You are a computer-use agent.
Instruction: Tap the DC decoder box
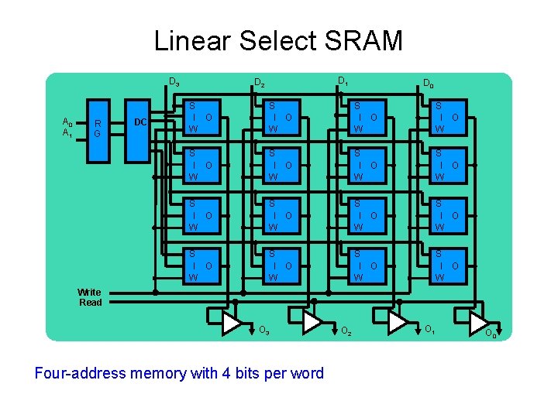coord(140,122)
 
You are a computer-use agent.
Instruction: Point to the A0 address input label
coord(67,123)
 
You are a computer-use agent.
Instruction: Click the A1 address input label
coord(67,133)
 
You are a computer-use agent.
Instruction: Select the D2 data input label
coord(260,84)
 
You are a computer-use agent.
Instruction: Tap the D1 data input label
coord(342,81)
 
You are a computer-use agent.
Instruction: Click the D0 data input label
coord(428,84)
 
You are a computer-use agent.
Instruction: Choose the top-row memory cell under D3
coord(201,117)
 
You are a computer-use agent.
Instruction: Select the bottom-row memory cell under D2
coord(281,266)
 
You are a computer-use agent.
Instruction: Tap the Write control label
coord(89,292)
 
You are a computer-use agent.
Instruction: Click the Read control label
coord(90,303)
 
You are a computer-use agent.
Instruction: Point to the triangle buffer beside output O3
coord(232,323)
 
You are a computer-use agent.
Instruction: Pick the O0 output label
coord(491,334)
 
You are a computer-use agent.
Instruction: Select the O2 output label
coord(346,331)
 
